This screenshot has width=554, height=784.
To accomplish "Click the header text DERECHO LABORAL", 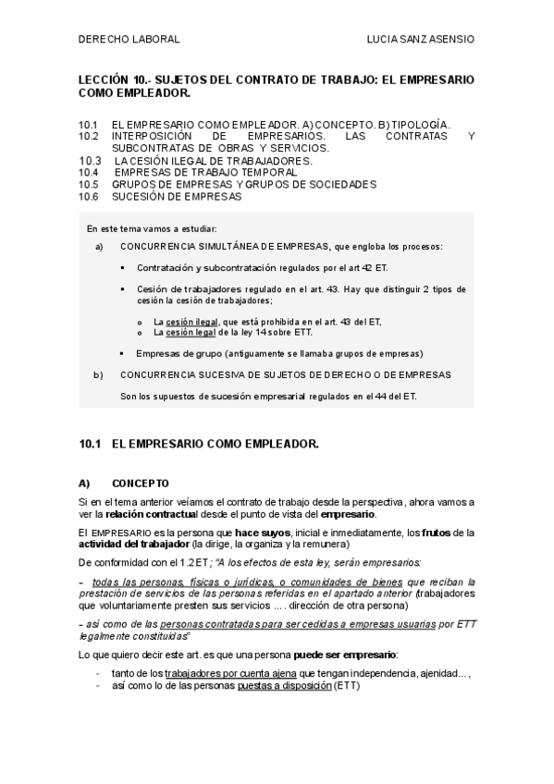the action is click(129, 40).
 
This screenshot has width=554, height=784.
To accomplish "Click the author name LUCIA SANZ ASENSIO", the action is click(421, 40).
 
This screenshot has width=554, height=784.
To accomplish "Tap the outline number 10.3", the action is click(89, 160).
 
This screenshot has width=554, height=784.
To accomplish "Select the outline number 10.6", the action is click(89, 196).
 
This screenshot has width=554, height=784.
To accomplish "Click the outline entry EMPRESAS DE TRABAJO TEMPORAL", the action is click(204, 172).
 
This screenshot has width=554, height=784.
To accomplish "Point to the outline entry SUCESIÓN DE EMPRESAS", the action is click(177, 196).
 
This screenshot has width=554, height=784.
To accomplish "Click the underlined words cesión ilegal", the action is click(186, 321).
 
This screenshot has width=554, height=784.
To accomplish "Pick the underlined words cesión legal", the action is click(183, 332).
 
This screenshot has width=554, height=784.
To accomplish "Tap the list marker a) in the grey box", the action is click(99, 247).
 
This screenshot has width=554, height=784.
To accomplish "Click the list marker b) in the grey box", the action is click(99, 374).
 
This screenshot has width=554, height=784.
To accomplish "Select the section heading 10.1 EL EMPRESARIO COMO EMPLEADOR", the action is click(199, 444).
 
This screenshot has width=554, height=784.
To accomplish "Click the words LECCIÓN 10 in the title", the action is click(108, 80).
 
